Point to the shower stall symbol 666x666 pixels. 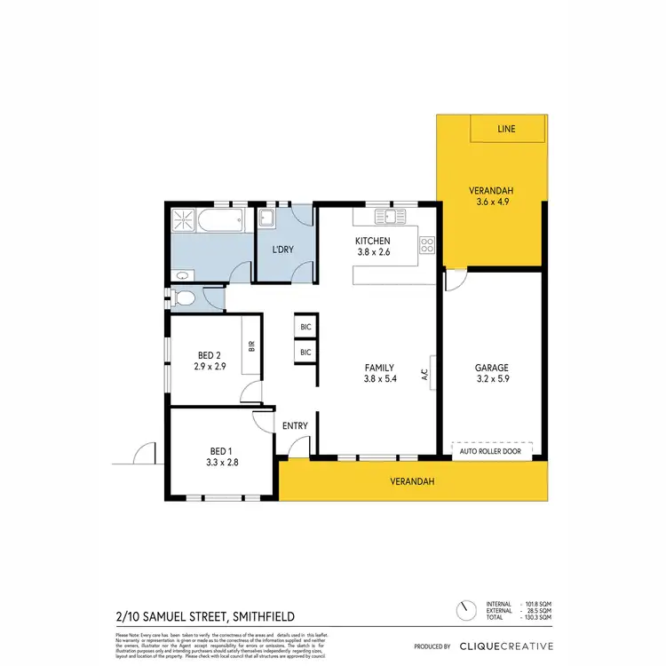[184, 220]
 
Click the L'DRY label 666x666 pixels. [283, 250]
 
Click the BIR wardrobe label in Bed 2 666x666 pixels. [252, 346]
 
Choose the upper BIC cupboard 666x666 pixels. [306, 327]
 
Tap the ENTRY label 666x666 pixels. [295, 426]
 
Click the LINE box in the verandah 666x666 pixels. [506, 129]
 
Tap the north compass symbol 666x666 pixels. [464, 612]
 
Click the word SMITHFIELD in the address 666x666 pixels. [264, 615]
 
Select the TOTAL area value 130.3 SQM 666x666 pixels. [531, 620]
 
